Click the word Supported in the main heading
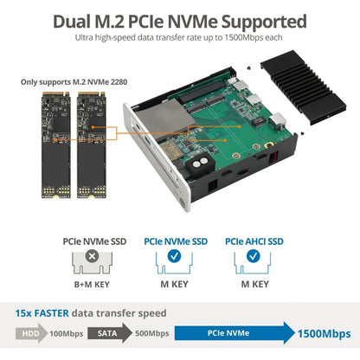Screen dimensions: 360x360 point(263,22)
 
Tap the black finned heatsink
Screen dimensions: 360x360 point(304,87)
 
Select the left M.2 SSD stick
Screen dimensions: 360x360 point(56,145)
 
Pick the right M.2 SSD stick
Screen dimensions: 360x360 point(92,145)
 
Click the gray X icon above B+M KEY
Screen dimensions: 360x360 point(92,256)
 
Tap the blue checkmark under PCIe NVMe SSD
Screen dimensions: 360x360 point(174,256)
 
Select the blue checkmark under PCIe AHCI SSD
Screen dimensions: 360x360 point(254,256)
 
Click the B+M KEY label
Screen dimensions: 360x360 point(92,285)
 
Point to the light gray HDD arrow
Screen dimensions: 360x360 point(31,333)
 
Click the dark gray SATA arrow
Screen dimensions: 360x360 point(109,333)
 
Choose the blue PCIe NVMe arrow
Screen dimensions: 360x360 point(235,333)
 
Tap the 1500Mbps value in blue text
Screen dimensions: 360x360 point(325,334)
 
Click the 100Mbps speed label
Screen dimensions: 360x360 point(67,334)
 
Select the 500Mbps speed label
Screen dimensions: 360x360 point(152,333)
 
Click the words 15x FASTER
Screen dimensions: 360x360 point(42,313)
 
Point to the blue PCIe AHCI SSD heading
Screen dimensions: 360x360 point(254,241)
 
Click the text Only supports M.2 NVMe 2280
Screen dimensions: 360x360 point(74,82)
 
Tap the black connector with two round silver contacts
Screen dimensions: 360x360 point(200,165)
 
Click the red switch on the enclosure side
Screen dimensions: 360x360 point(273,157)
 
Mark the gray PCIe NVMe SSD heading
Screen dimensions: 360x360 point(94,241)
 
